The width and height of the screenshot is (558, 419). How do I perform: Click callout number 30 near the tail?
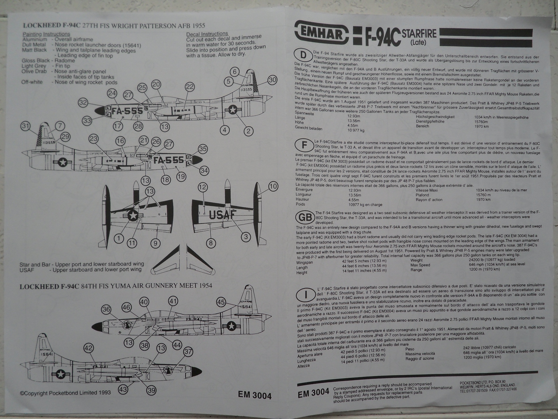(x=272, y=80)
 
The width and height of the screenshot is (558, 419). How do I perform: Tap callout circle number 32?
(x=83, y=103)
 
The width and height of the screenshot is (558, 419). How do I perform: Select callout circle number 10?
(x=273, y=186)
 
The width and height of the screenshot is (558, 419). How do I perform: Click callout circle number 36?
(x=106, y=309)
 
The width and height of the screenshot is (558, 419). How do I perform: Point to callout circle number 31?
(x=25, y=126)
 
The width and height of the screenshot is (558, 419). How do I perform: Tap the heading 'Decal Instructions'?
(x=207, y=34)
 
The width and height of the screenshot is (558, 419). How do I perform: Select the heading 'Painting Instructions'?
(x=46, y=34)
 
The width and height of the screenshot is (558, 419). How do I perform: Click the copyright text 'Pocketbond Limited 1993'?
(x=66, y=393)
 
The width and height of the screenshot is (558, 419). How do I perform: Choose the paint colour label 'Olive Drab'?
(x=34, y=72)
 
